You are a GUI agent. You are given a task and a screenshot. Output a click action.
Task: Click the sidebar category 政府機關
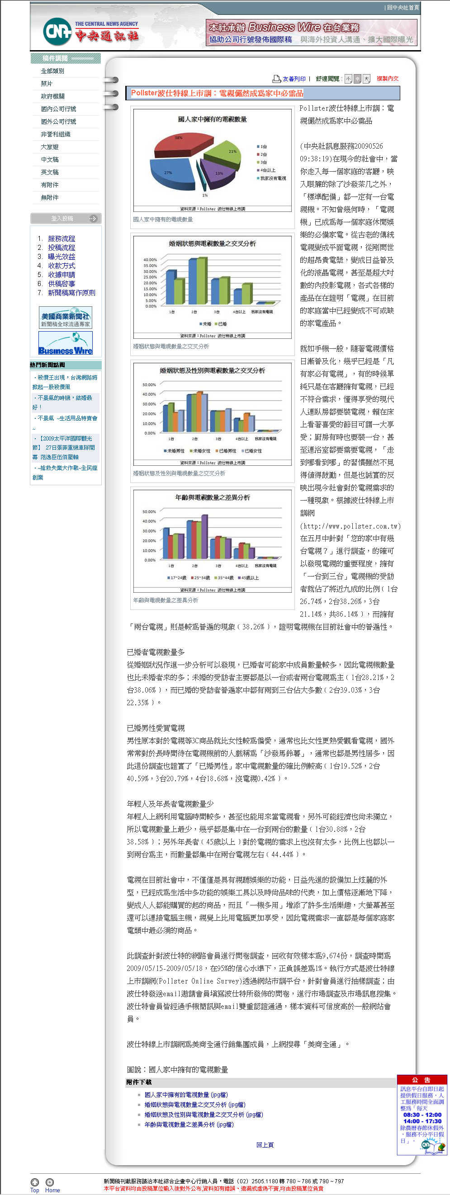click(52, 97)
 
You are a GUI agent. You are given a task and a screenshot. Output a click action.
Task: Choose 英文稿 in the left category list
click(50, 172)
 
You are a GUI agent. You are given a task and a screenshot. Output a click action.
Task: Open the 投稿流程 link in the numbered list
click(62, 248)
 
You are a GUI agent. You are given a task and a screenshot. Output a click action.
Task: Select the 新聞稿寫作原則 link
click(71, 293)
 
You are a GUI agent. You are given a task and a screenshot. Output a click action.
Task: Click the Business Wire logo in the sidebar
click(66, 343)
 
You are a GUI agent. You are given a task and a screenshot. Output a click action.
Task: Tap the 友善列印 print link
click(294, 79)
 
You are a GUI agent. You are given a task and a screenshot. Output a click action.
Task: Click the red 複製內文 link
click(387, 79)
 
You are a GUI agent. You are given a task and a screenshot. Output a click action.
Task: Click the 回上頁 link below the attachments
click(265, 1145)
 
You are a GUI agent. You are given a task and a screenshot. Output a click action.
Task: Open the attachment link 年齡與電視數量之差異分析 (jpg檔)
click(189, 1125)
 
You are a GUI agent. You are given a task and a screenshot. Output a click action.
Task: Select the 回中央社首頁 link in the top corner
click(403, 7)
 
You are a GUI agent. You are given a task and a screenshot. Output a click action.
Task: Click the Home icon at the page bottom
click(50, 1182)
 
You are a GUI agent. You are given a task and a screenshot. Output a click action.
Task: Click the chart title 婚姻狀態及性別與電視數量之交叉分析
click(212, 370)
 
